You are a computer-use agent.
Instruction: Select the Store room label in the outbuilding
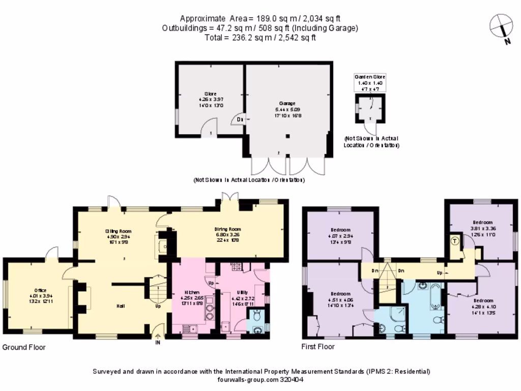(x=210, y=94)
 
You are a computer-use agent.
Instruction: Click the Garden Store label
(x=369, y=76)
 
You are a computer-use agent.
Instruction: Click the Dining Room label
(x=227, y=229)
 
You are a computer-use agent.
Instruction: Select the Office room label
(x=40, y=290)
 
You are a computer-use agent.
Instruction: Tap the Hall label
(x=120, y=306)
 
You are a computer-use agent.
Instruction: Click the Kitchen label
(x=192, y=293)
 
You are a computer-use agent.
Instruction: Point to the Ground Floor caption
(x=24, y=347)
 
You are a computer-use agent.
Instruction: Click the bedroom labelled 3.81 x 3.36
(x=482, y=222)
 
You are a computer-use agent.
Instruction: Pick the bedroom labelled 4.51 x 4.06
(x=340, y=294)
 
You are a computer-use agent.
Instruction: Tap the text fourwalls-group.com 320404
(x=261, y=379)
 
